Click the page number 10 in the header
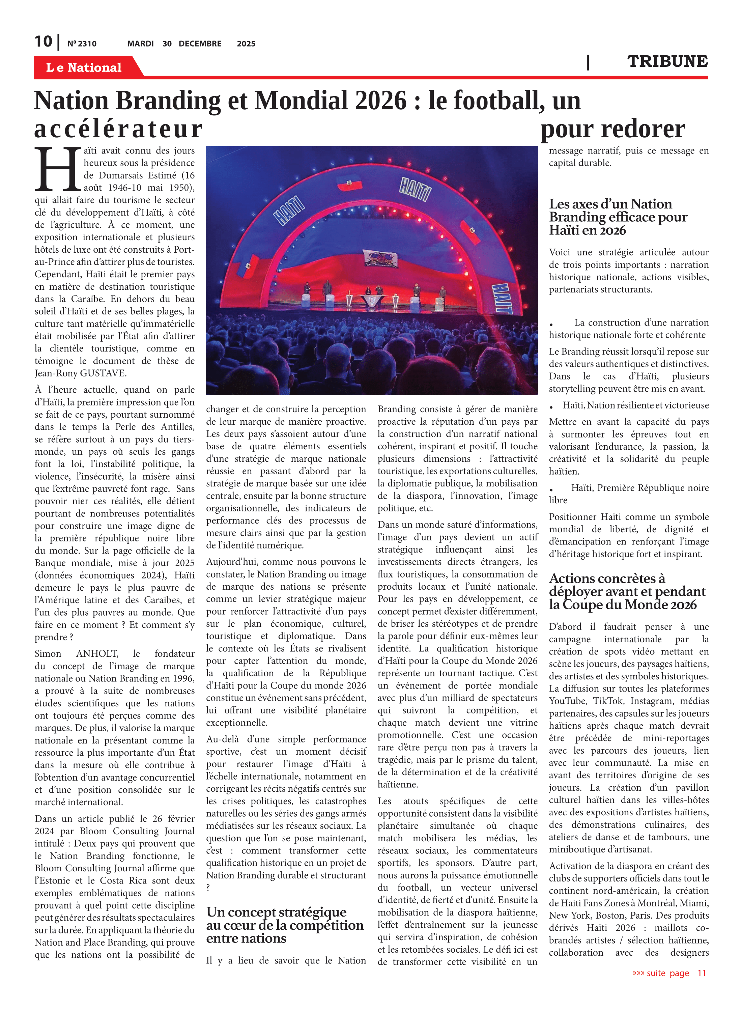pos(44,41)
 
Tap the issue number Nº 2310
pos(82,44)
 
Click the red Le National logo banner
pos(84,67)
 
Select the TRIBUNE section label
pos(667,61)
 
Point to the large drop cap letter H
pos(57,169)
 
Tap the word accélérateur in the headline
pos(119,129)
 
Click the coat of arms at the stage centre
pos(379,260)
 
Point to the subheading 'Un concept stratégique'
pos(276,912)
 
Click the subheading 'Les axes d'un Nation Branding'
pos(618,217)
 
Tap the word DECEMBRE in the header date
pos(200,44)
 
